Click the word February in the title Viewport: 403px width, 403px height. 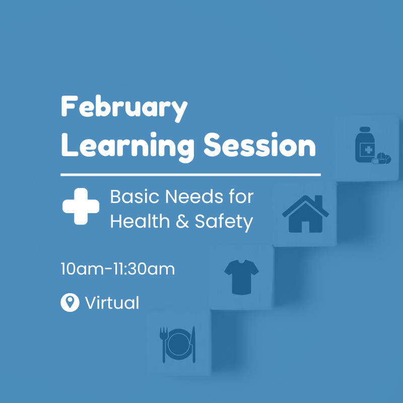pos(124,107)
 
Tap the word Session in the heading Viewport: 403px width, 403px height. pos(259,145)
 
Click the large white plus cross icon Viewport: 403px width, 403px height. pos(81,206)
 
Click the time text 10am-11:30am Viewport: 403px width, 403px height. pos(117,269)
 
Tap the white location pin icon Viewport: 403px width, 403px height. pos(70,303)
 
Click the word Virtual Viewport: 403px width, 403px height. pos(112,303)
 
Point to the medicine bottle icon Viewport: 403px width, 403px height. pos(365,147)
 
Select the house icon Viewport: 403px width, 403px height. pos(305,214)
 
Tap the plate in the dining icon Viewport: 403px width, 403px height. pos(178,345)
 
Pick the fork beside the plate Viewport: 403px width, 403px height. pos(163,344)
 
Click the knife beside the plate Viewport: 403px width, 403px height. pos(193,344)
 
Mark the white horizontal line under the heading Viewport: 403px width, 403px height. pos(190,175)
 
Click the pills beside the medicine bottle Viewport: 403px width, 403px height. pos(381,159)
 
